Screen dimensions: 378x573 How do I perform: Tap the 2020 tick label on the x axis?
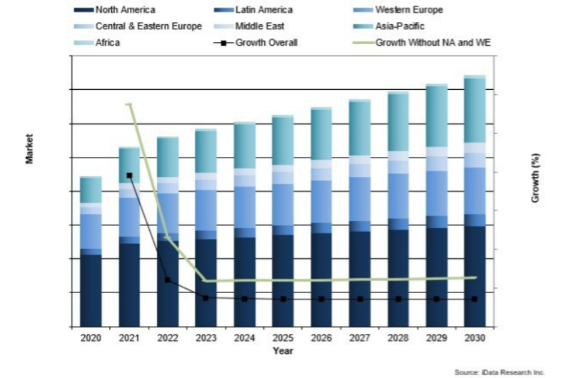click(x=91, y=337)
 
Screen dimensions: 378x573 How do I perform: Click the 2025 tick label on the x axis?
click(x=283, y=337)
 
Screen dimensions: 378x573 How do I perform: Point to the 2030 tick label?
click(x=475, y=337)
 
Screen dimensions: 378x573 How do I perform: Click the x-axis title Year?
click(x=282, y=350)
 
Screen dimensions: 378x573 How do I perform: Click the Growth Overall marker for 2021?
click(x=129, y=175)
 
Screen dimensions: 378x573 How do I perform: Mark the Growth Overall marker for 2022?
click(x=168, y=280)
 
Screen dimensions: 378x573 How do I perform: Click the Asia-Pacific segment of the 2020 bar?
click(x=91, y=190)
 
